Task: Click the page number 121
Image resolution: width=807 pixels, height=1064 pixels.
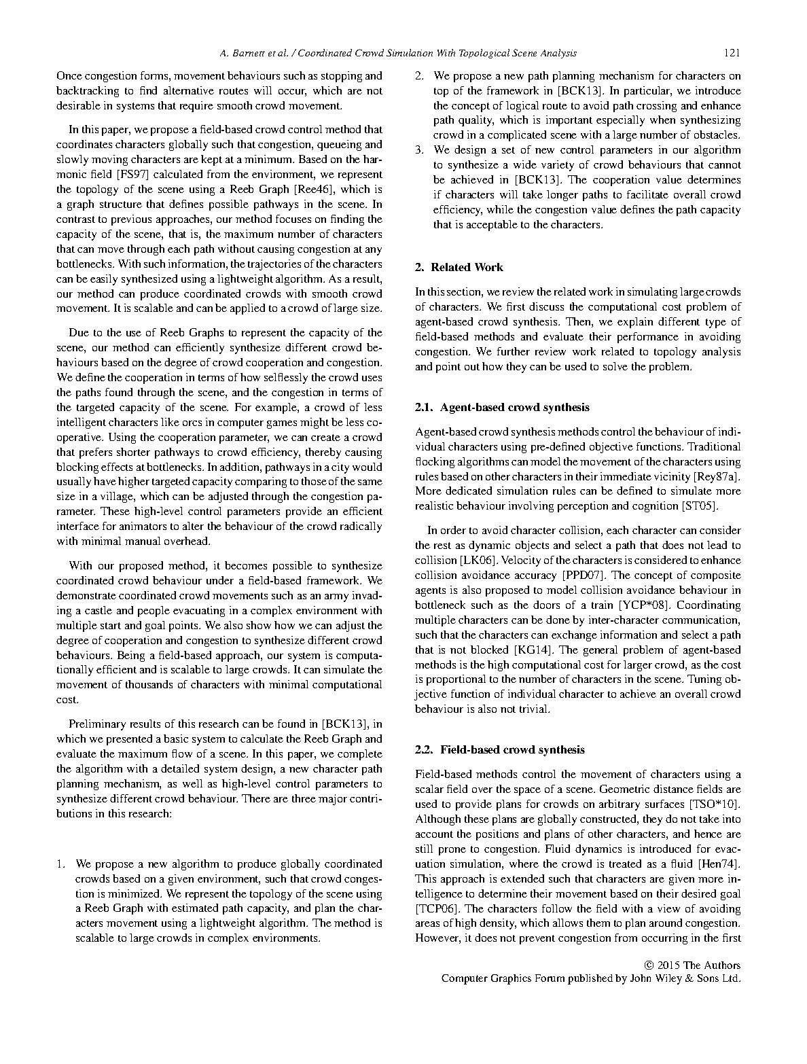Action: (732, 53)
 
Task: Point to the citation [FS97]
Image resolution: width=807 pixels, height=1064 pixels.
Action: (132, 175)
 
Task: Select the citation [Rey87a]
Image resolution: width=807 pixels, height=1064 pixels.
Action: (717, 476)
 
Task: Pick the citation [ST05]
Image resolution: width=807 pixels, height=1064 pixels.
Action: (700, 506)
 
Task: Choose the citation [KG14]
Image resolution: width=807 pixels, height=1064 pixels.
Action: (535, 650)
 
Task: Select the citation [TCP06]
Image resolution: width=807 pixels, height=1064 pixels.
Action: (437, 909)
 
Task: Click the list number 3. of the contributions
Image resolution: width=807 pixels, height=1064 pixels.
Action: (420, 150)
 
